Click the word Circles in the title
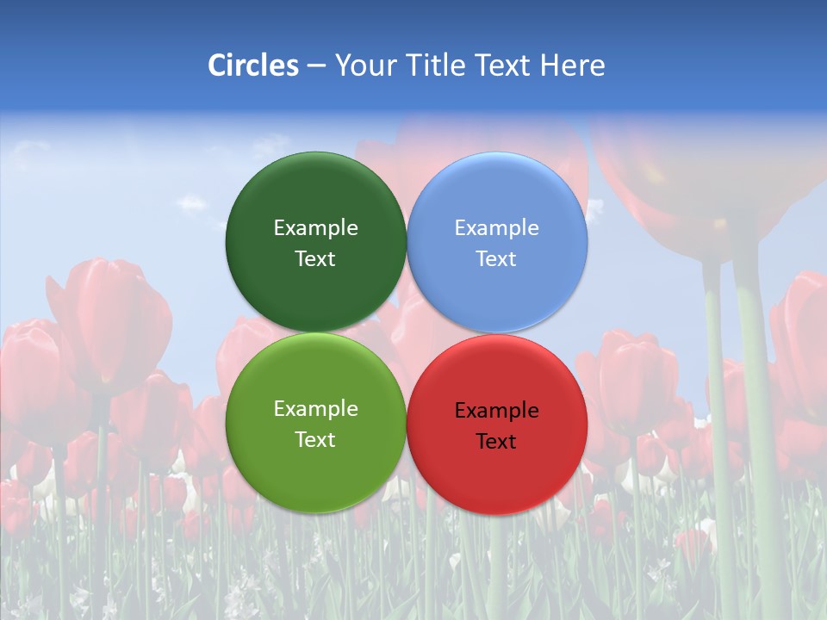coord(252,65)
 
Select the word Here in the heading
coord(573,65)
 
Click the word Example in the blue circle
coord(497,228)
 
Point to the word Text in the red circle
coord(497,442)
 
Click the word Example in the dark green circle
coord(315,228)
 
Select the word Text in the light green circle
coord(315,440)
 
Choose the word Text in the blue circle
coord(497,259)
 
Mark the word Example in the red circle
coord(497,411)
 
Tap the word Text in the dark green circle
coord(315,259)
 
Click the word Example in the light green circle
coord(315,409)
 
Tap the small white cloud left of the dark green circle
coord(191,203)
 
